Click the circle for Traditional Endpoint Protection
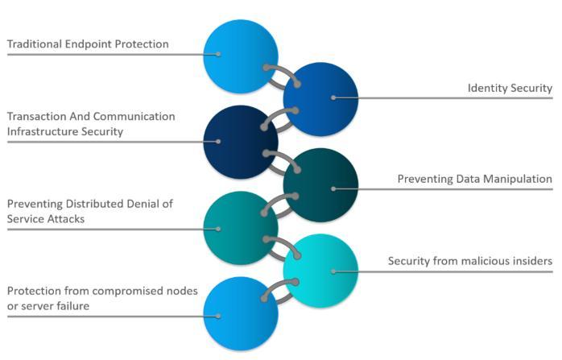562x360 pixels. tap(239, 55)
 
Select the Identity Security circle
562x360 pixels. tap(320, 98)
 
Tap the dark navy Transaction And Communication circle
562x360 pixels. tap(240, 142)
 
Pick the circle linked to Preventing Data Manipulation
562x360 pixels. tap(320, 186)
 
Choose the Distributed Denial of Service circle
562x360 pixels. tap(240, 229)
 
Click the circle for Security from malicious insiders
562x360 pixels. tap(320, 271)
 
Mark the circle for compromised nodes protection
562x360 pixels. tap(240, 314)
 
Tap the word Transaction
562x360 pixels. tap(37, 116)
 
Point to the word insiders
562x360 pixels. tap(531, 261)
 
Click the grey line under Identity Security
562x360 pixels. tap(451, 98)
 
